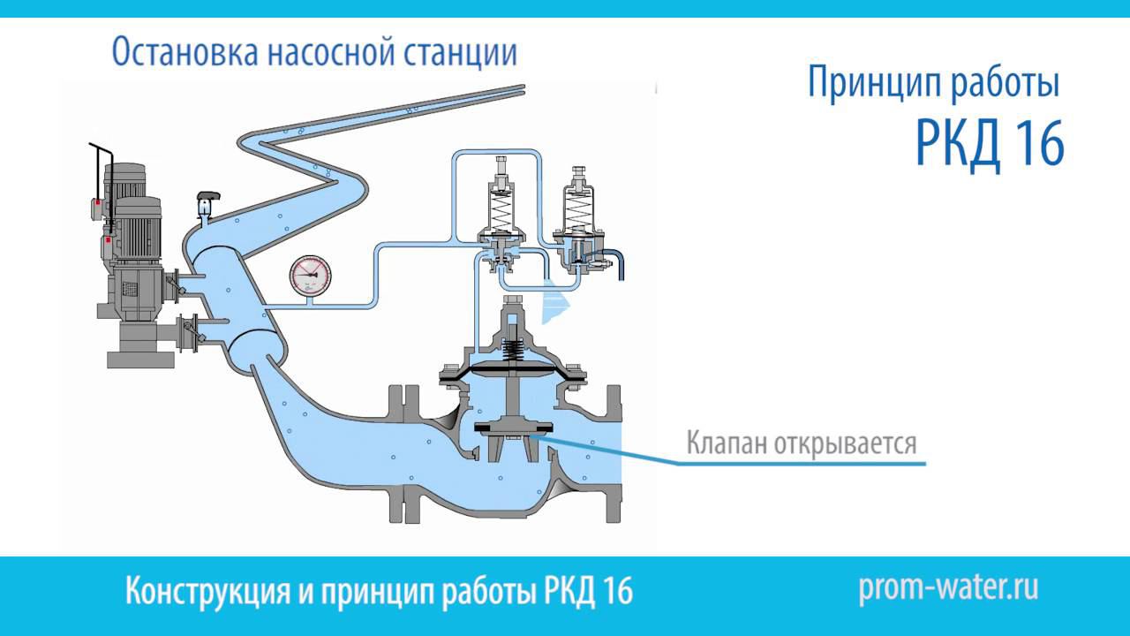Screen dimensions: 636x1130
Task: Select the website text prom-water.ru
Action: (948, 587)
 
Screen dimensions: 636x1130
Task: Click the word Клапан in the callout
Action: (727, 441)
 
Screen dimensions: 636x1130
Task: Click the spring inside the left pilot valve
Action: (501, 211)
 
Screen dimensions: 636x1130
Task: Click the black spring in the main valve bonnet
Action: (512, 348)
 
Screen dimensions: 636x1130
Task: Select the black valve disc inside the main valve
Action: (513, 429)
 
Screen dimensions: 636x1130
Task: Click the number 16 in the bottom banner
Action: (618, 590)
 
